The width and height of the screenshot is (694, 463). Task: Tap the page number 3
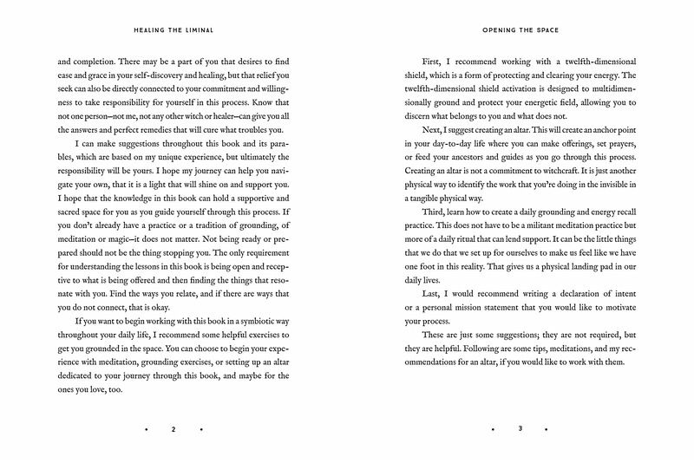pos(520,428)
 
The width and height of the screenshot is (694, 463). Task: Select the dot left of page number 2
pos(147,428)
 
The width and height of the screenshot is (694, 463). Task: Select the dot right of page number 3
pos(547,428)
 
